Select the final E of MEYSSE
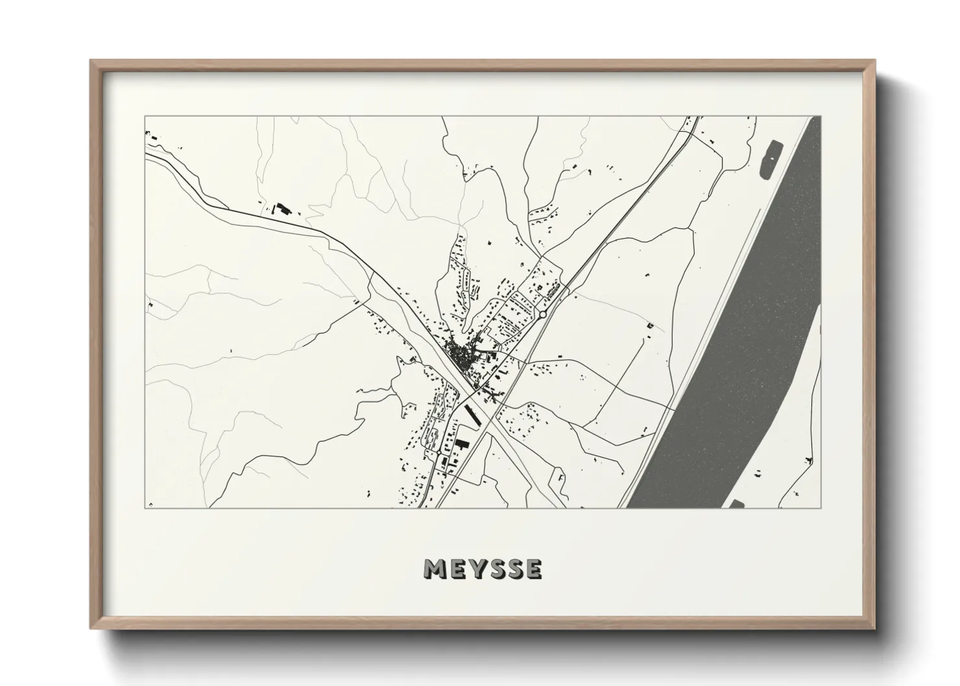pos(534,569)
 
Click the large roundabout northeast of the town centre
pos(542,314)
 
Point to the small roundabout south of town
pos(438,451)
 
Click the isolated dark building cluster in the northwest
pos(282,209)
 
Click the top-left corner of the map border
pos(145,117)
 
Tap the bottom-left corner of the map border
pos(145,508)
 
